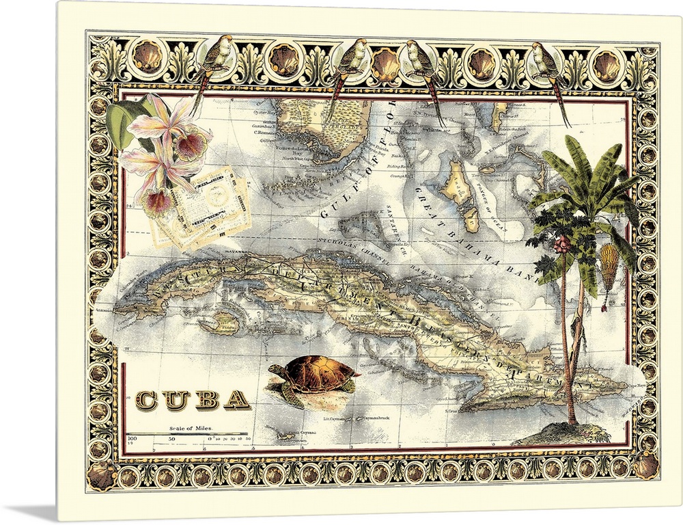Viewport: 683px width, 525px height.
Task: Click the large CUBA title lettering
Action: point(193,399)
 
